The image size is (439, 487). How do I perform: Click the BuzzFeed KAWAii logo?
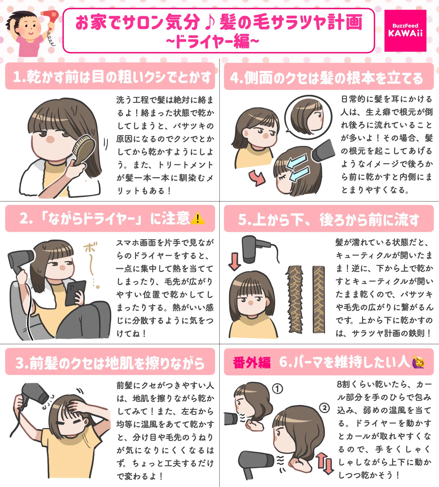405,31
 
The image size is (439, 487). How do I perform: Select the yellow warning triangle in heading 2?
198,219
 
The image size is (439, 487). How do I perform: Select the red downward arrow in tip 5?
234,261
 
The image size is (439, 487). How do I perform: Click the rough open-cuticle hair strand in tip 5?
295,299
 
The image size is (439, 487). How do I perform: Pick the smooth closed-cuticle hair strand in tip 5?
319,299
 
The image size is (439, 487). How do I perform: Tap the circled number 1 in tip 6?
277,389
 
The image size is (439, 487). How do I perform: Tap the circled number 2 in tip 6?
324,408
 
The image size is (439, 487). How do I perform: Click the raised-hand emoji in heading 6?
418,362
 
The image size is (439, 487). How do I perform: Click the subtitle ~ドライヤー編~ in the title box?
212,41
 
